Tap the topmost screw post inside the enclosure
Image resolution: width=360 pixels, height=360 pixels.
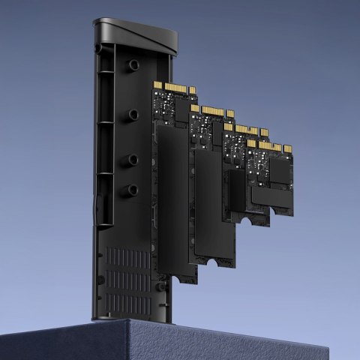pos(133,65)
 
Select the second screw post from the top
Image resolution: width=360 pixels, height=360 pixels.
pos(133,114)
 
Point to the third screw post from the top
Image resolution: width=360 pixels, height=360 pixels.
pos(133,159)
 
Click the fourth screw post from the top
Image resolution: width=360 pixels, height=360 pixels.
pos(133,190)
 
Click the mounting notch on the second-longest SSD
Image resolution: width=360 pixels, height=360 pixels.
pos(218,262)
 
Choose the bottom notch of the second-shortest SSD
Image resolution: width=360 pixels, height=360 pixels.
pos(245,218)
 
